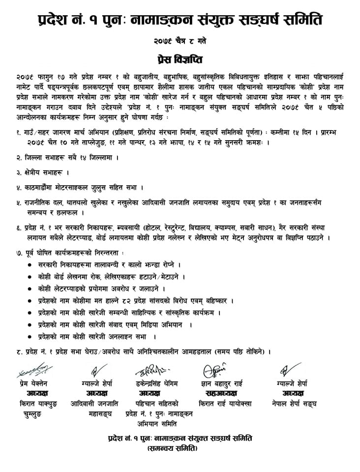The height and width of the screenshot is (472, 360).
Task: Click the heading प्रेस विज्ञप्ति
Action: tap(180, 59)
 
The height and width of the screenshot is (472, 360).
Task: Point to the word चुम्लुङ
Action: tap(35, 414)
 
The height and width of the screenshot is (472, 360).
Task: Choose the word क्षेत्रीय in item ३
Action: tap(35, 173)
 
